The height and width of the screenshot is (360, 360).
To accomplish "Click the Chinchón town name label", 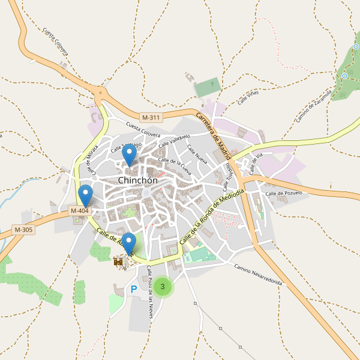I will (138, 180).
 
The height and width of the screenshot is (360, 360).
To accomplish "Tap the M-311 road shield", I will (151, 117).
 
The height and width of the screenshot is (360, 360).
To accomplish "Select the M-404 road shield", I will (80, 211).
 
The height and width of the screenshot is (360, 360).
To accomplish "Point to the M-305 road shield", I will (24, 230).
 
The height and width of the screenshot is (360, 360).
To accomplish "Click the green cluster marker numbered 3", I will (162, 287).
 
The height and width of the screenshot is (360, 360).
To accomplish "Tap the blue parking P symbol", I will (134, 289).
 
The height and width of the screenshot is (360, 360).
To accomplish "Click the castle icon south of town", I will (118, 261).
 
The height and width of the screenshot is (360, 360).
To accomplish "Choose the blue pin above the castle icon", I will (128, 243).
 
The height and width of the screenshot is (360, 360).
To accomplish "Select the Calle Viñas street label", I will (248, 98).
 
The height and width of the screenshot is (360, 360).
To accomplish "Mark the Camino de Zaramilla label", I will (314, 107).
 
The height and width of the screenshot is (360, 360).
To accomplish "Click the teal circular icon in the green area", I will (344, 76).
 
